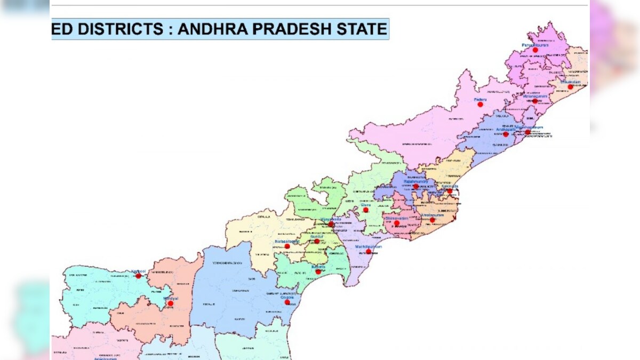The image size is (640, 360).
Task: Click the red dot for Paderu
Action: pos(480,105)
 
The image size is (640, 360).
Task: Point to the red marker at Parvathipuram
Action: pos(535,50)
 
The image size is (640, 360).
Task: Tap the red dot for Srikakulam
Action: pos(570,87)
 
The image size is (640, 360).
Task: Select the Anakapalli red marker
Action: pos(506,134)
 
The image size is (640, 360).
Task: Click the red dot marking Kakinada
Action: pos(450,191)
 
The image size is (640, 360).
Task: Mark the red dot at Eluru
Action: pos(366,210)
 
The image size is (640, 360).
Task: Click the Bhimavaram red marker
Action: pos(397,223)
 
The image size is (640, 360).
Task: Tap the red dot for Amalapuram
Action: pos(432,220)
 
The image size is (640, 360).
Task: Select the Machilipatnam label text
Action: pos(369,247)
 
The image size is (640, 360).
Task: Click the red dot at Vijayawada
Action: pos(331,225)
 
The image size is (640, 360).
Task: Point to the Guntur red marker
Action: pos(317,241)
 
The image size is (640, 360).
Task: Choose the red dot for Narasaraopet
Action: pos(287,246)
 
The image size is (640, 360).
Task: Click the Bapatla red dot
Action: pos(318,272)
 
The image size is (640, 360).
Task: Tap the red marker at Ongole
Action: pos(287,302)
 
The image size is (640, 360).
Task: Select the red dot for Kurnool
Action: pos(139,276)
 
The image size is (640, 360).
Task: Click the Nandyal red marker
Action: pos(170,303)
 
